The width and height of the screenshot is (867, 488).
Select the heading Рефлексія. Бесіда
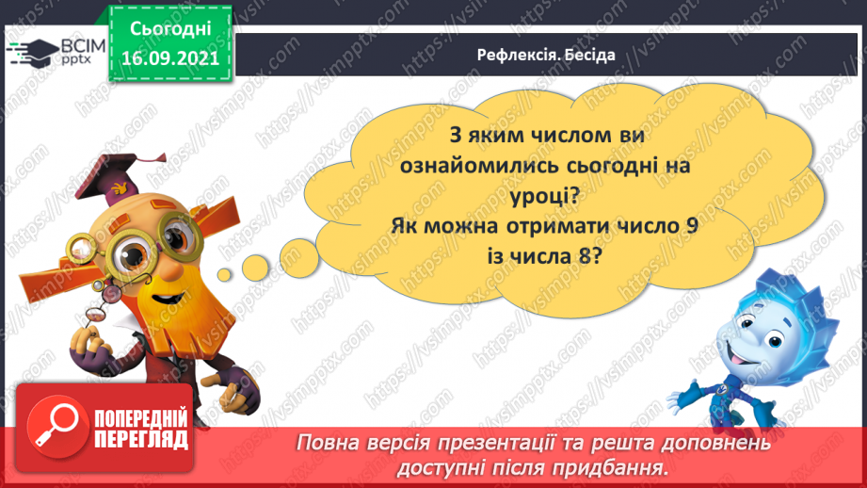(x=546, y=55)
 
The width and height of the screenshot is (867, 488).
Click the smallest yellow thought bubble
(x=228, y=274)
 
